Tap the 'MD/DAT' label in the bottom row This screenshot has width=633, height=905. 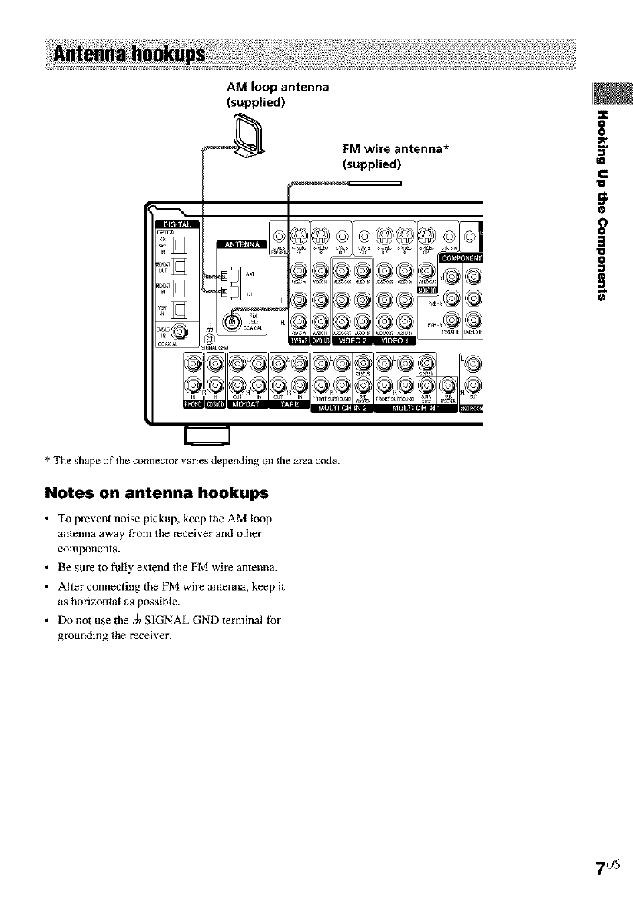tap(242, 404)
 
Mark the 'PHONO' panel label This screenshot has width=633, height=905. tap(196, 404)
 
